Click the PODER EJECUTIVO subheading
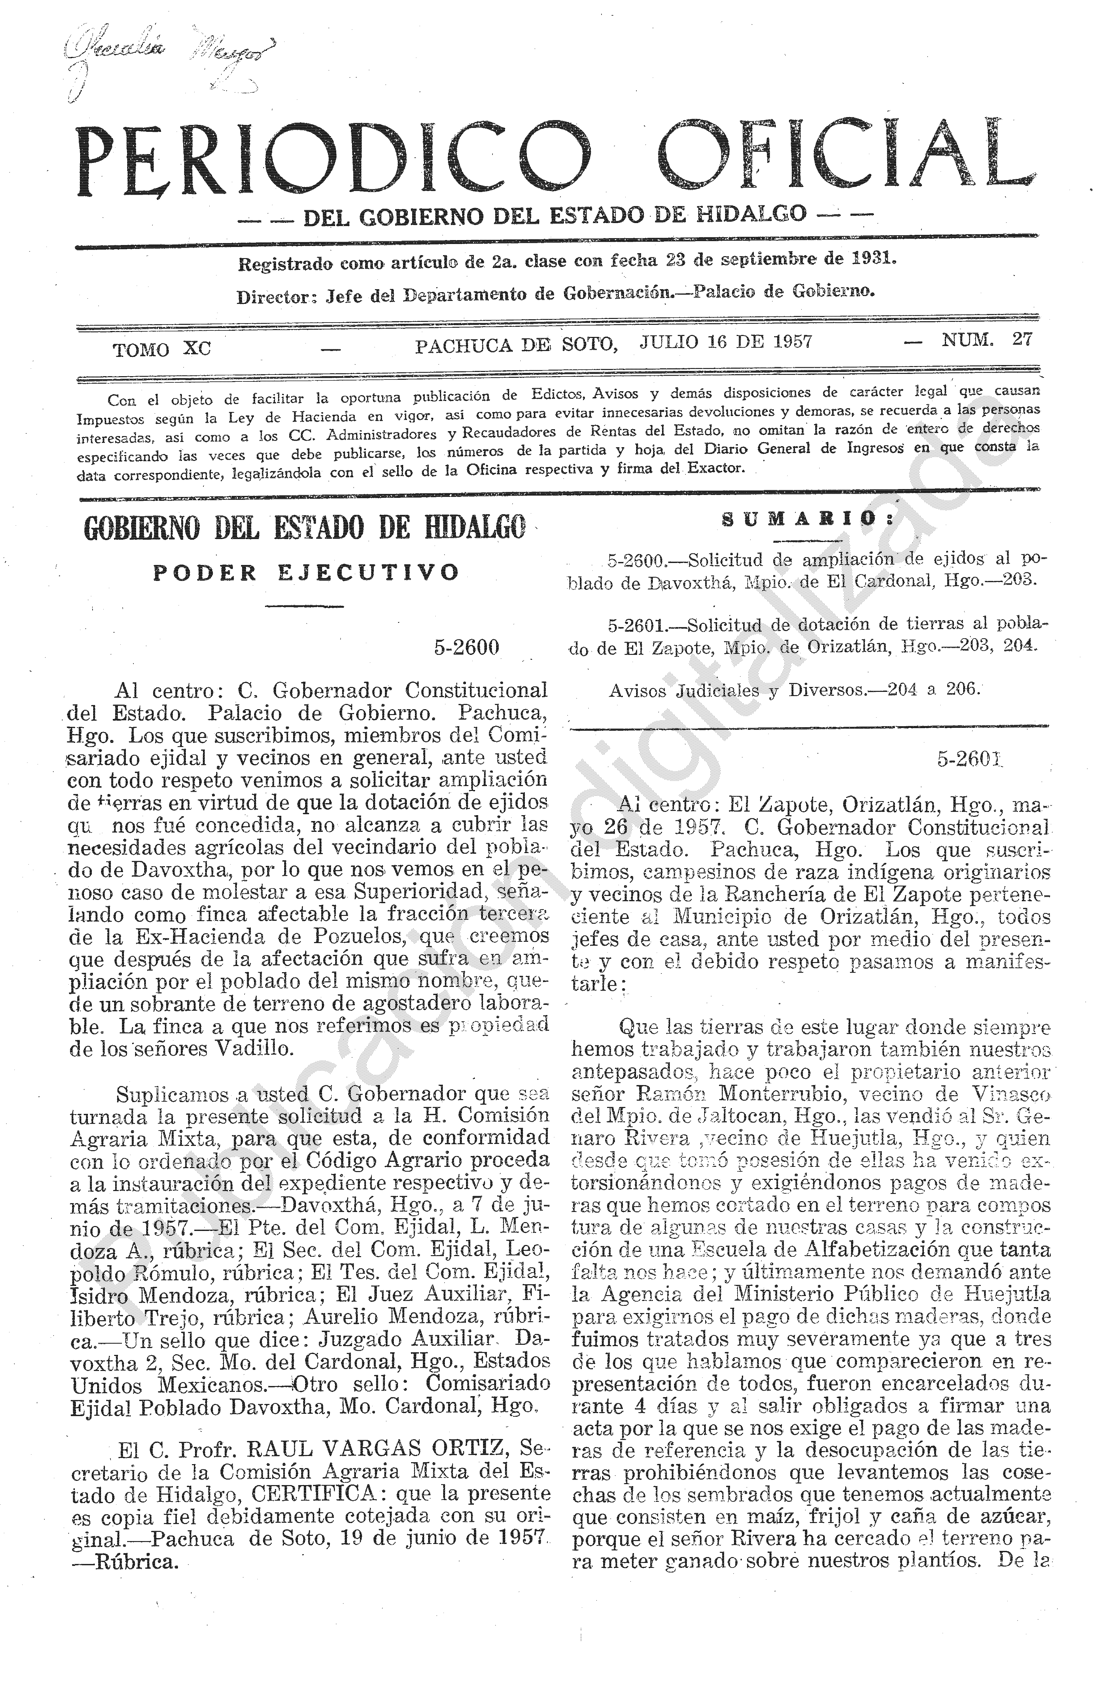pos(306,573)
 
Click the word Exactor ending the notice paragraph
pos(716,468)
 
